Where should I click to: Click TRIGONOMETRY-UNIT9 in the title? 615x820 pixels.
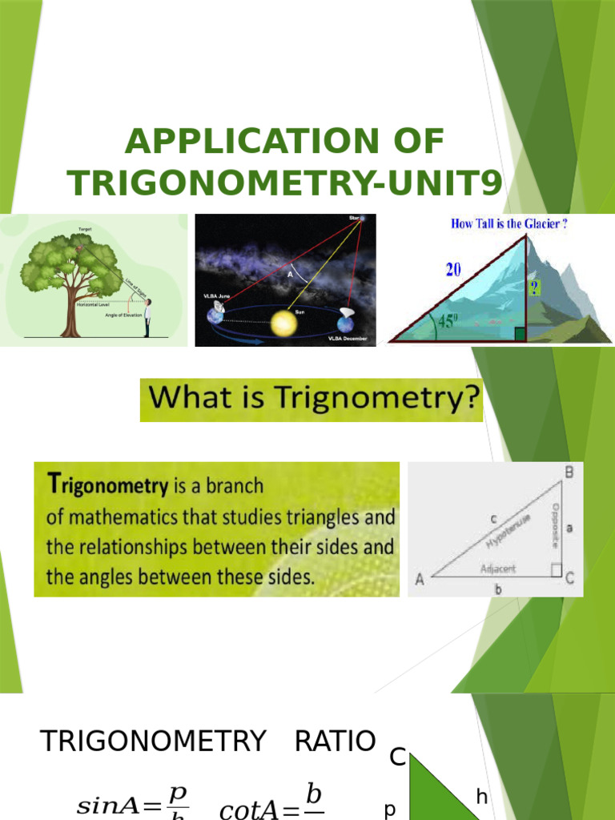point(286,183)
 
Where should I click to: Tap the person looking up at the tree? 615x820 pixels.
point(147,318)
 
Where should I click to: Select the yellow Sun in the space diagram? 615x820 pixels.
point(283,324)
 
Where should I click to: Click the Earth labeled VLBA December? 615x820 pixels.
point(345,324)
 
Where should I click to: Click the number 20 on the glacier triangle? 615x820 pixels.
point(453,270)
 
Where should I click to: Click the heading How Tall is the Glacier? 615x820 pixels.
point(509,224)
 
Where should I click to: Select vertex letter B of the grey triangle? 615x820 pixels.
point(569,473)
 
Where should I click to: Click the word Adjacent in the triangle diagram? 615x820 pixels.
point(498,569)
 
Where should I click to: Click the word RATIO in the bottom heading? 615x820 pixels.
point(335,742)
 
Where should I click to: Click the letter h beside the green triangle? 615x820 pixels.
point(481,797)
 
